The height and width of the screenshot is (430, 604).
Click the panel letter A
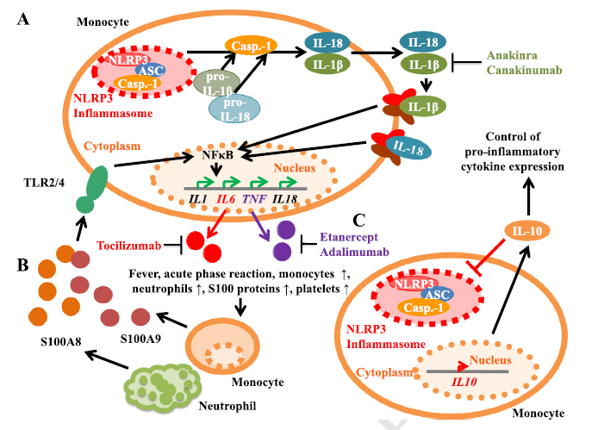click(23, 19)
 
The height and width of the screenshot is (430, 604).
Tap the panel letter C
click(358, 221)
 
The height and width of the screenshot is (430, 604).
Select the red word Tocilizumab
click(129, 246)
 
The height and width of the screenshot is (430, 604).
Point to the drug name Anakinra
click(512, 55)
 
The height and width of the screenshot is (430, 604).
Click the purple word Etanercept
click(349, 237)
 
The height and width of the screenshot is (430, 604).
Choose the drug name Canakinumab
click(524, 70)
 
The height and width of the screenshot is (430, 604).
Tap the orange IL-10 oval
click(527, 231)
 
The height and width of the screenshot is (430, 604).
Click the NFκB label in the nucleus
click(218, 154)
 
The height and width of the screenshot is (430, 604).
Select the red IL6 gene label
click(226, 199)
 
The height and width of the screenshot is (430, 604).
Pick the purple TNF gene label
click(254, 199)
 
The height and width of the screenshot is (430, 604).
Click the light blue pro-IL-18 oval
click(234, 109)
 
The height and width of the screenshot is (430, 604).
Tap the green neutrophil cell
click(163, 389)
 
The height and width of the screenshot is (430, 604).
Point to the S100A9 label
click(140, 339)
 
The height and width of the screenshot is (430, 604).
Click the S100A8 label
click(61, 341)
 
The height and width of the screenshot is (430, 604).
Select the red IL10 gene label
click(464, 382)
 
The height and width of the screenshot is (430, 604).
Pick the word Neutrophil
click(227, 406)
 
